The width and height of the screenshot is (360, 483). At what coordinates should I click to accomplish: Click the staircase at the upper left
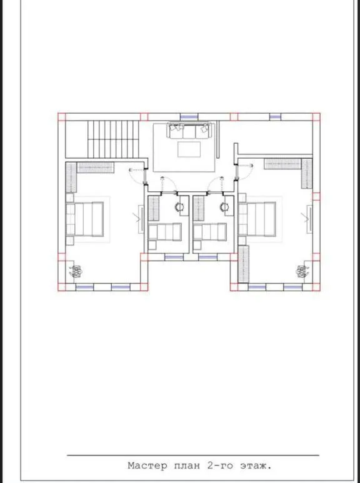click(x=113, y=139)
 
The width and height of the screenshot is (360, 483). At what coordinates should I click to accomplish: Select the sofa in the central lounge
click(x=189, y=131)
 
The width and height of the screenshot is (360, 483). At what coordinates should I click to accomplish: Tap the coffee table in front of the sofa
click(x=189, y=149)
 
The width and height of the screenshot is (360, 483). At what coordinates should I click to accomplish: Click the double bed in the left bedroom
click(x=85, y=219)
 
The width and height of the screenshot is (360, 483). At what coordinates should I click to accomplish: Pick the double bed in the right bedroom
click(x=257, y=219)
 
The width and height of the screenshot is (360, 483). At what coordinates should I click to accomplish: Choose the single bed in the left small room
click(x=165, y=232)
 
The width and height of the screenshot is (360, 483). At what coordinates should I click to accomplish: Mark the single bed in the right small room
click(x=210, y=232)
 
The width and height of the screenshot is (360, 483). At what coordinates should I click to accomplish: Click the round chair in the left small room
click(x=179, y=207)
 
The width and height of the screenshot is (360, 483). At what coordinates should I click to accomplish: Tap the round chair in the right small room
click(x=224, y=207)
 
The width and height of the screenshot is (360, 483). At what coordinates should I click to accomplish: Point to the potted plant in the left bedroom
click(x=76, y=271)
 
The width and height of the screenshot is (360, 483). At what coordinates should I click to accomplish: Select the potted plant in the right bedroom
click(x=302, y=271)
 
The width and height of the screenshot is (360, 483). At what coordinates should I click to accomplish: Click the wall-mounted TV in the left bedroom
click(x=141, y=219)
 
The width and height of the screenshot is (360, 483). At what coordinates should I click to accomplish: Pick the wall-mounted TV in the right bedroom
click(x=309, y=219)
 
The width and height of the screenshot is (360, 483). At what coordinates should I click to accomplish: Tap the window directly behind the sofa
click(x=189, y=117)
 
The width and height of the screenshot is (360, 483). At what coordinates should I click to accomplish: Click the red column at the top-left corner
click(x=62, y=117)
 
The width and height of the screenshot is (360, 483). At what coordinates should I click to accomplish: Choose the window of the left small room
click(x=174, y=257)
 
